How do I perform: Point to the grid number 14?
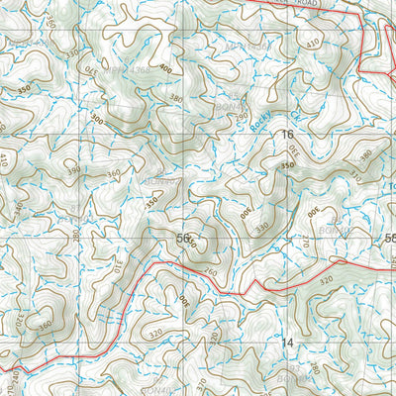(x=288, y=343)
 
